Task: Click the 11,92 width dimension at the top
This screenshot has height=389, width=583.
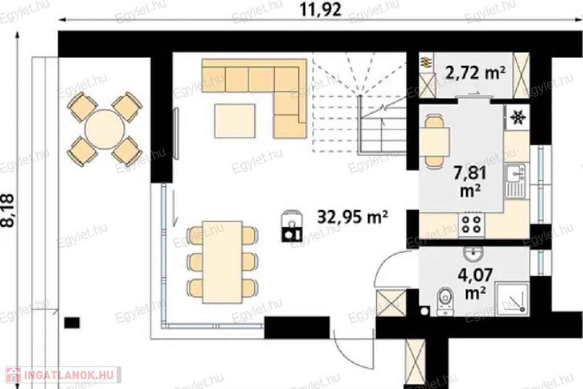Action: click(320, 9)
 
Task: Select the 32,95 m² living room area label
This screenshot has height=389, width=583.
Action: click(352, 217)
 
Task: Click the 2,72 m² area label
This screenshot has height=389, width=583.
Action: click(475, 72)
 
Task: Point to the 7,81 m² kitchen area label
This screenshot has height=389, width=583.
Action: click(470, 182)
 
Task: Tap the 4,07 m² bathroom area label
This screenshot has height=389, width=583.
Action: click(475, 284)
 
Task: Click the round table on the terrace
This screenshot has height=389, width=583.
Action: click(105, 129)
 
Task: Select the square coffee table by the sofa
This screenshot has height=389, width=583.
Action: click(235, 121)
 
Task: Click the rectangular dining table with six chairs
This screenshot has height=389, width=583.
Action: click(223, 262)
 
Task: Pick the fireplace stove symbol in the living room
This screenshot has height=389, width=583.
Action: click(291, 226)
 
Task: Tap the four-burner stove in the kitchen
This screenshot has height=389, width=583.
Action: click(471, 224)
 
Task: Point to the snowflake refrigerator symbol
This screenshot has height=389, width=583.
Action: click(517, 117)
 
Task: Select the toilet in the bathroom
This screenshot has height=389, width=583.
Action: click(445, 301)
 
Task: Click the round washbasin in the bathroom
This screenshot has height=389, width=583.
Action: click(474, 252)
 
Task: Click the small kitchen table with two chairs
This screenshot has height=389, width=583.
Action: click(434, 142)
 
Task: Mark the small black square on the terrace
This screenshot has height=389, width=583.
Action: click(72, 323)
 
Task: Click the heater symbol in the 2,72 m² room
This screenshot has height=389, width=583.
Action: click(426, 62)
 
